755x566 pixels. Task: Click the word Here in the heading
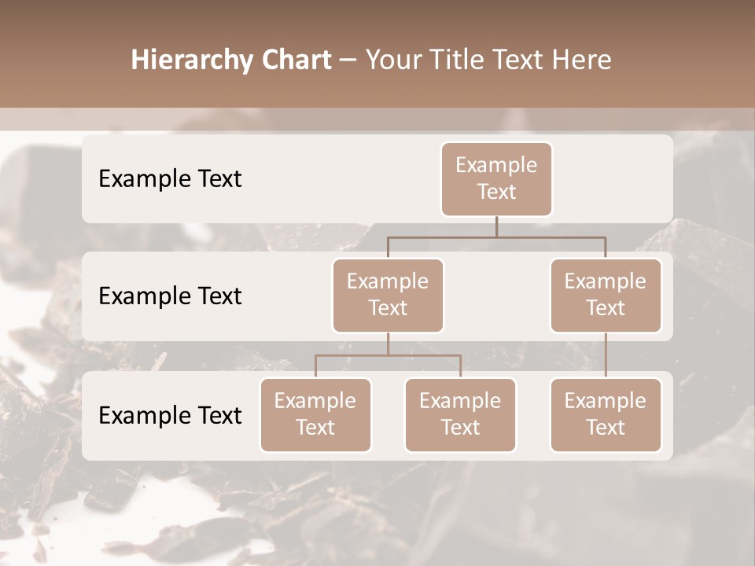coord(583,61)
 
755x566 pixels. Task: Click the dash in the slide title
coord(348,61)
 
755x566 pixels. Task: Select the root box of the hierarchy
coord(496,178)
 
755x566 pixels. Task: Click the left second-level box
coord(388,295)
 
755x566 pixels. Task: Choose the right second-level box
coord(606,295)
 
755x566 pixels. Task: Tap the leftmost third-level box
coord(315,414)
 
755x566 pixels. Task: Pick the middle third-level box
coord(460,414)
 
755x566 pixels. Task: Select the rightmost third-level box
coord(606,414)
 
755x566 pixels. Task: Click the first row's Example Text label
coord(170,178)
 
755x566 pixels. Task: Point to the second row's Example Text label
coord(170,296)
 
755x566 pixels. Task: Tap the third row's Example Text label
coord(170,415)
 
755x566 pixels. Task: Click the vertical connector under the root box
coord(496,226)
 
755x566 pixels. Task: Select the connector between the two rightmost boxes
coord(606,355)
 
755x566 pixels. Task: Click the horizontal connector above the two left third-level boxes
coord(388,355)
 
